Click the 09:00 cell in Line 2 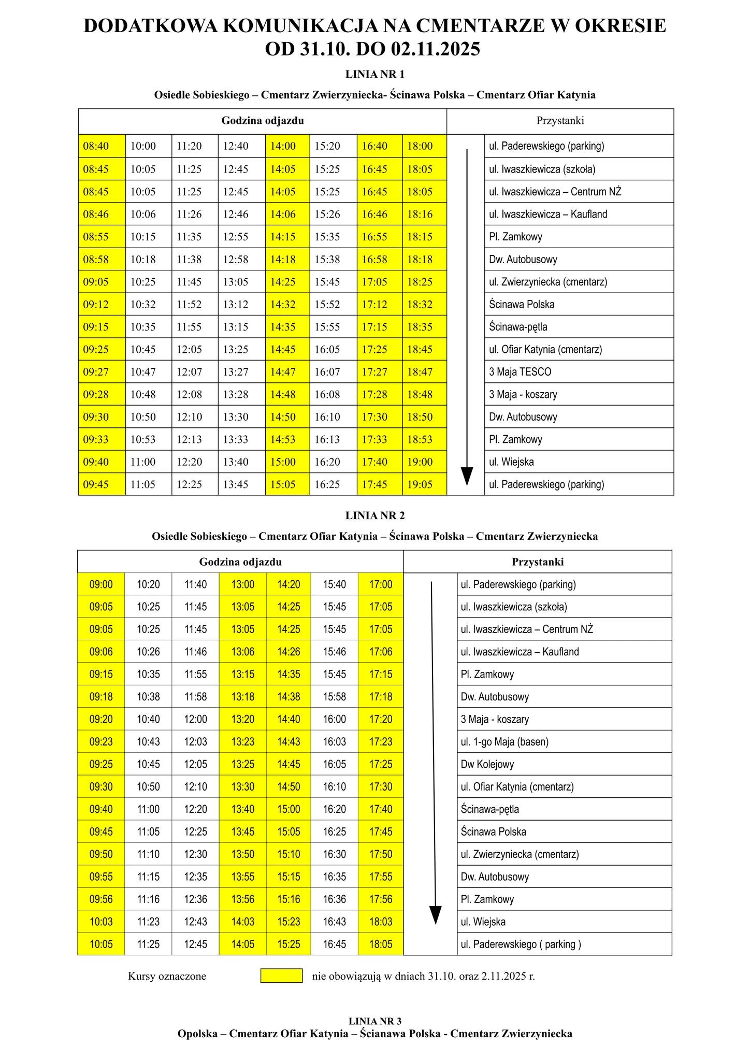coord(101,585)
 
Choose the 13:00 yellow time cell coord(243,585)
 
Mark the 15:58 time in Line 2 coord(335,697)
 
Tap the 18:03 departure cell coord(381,922)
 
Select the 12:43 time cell coord(196,922)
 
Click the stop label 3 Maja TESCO coord(520,372)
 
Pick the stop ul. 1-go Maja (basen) coord(504,742)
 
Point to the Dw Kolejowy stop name coord(487,764)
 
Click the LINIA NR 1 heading coord(374,74)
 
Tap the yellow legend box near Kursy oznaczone coord(281,976)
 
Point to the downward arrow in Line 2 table coord(434,751)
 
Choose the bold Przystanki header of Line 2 coord(538,562)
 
